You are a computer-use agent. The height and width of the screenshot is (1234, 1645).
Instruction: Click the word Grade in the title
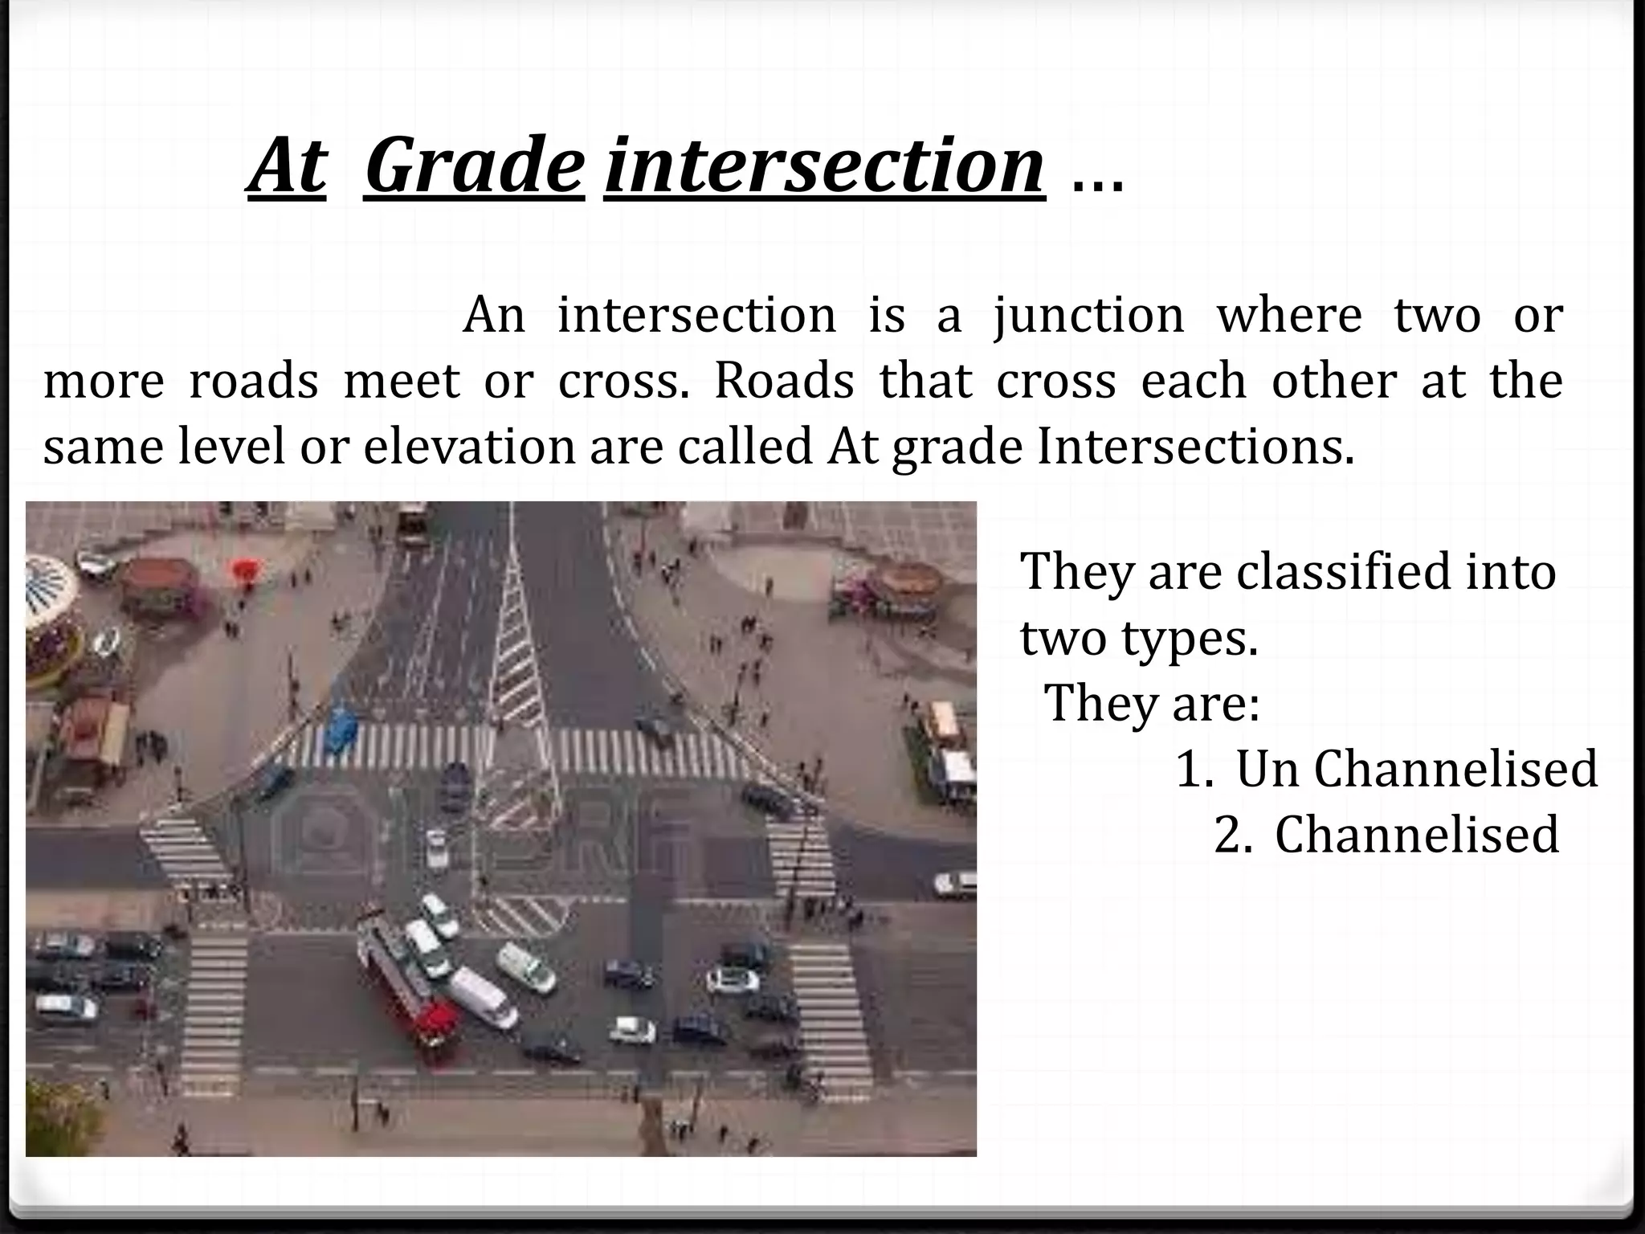(474, 165)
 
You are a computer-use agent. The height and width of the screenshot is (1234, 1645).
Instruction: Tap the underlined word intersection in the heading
(824, 165)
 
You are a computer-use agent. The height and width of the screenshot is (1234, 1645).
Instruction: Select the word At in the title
(287, 165)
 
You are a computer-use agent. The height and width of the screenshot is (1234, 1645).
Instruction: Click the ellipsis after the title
(1097, 182)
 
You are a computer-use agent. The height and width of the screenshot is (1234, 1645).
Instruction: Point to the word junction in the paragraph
(1088, 315)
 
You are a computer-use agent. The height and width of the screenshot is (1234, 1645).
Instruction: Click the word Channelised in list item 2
(1417, 835)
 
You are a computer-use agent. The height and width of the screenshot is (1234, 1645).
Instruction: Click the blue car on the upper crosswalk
(341, 729)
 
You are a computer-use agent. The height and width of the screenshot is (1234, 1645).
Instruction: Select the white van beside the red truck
(483, 998)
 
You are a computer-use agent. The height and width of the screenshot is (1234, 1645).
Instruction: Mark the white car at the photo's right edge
(955, 883)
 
